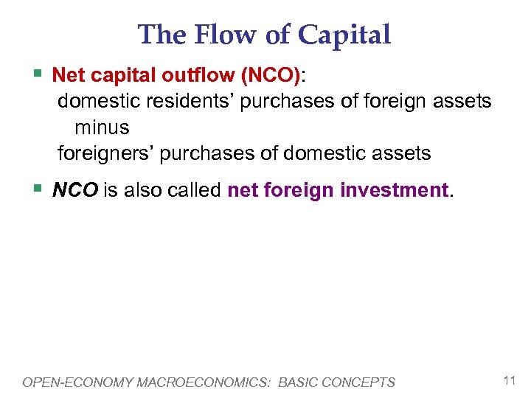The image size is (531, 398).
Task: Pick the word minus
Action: coord(102,127)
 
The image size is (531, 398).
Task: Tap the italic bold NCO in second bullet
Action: coord(75,190)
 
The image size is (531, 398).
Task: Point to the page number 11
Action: coord(509,381)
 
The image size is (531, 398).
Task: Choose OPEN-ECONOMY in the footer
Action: coord(67,382)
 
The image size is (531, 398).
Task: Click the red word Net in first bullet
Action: coord(68,75)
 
